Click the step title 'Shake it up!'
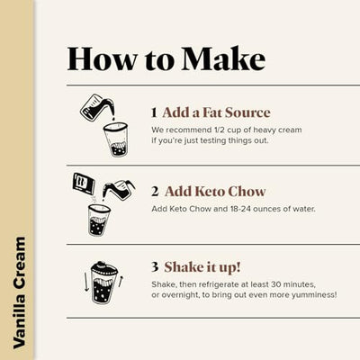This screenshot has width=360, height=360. (203, 266)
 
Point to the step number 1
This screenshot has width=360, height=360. (154, 112)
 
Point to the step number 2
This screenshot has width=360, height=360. (155, 191)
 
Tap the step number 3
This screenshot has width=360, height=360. (155, 266)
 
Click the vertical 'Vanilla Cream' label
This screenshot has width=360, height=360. (19, 292)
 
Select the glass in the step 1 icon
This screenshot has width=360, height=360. (114, 140)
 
